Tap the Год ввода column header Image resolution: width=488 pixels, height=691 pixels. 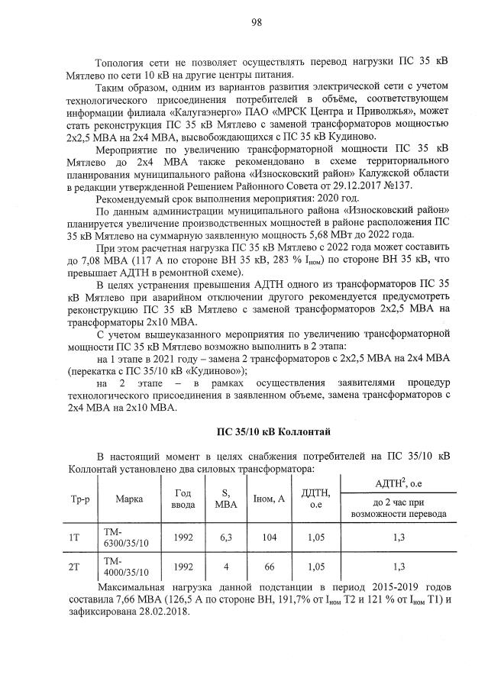click(x=183, y=499)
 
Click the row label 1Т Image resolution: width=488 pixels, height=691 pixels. click(x=75, y=538)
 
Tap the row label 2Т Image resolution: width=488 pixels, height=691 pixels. click(x=75, y=567)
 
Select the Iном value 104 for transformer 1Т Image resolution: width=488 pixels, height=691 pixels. click(x=269, y=538)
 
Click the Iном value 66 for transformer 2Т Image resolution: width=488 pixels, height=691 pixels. click(x=269, y=567)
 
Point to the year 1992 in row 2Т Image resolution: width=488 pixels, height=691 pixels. click(x=183, y=567)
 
